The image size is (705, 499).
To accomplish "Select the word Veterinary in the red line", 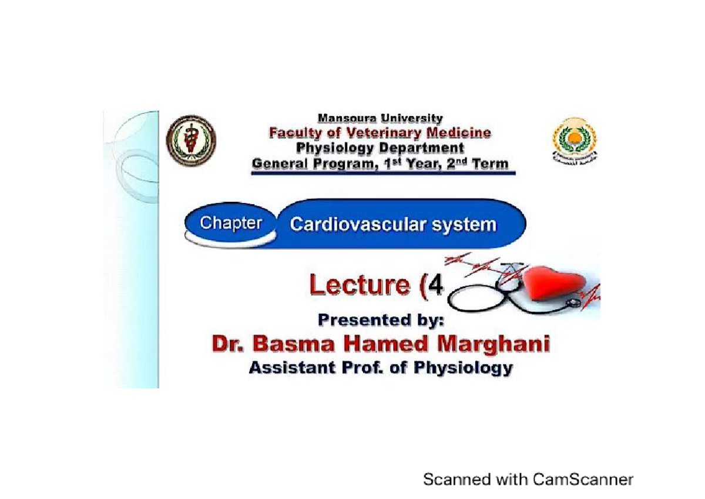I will pos(376,133).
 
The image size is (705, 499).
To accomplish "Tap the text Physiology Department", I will pos(380,148).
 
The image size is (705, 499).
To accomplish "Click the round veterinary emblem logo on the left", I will pos(191,141).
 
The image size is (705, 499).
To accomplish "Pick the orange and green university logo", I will pos(574,139).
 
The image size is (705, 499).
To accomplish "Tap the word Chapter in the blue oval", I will pos(230,224).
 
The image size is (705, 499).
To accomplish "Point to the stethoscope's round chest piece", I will pos(573,302).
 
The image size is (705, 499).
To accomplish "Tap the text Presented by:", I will pos(381,320).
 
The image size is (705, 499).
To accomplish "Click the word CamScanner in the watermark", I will pos(583,480).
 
